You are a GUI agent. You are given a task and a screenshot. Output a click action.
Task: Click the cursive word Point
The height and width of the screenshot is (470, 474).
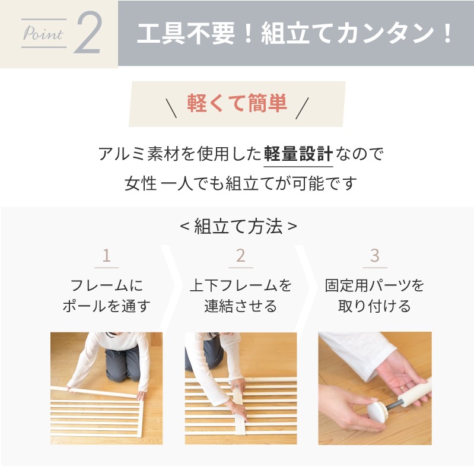point(43,33)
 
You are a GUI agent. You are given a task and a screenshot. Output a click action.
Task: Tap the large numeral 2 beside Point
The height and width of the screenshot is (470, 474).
point(88,33)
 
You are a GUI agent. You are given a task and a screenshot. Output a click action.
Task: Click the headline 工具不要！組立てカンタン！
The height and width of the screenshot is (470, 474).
point(295,33)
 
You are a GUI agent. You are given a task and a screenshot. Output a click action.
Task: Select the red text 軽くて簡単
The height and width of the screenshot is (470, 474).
point(237,103)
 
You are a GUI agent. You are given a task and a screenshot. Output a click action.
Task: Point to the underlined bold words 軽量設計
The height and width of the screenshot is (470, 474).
point(298,154)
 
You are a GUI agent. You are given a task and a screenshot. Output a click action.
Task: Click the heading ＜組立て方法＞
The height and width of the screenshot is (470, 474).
point(238,226)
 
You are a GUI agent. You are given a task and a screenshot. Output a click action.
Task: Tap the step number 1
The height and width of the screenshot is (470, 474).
point(106,256)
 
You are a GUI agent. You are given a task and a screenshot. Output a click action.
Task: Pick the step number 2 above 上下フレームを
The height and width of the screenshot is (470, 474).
point(241,256)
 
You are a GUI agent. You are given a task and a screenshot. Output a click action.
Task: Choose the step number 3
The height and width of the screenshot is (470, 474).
point(375,256)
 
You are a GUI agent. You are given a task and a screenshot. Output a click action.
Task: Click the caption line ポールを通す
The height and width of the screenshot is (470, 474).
point(106,306)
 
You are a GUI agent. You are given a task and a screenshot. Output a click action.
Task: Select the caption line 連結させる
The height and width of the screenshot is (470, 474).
point(241,306)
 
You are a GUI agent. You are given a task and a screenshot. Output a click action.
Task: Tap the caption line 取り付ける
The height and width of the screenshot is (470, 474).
point(374,306)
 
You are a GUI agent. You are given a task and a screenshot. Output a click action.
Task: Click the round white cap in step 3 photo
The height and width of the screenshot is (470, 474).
point(376,412)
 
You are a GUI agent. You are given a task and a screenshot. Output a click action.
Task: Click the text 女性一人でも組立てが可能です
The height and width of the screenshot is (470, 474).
point(241,183)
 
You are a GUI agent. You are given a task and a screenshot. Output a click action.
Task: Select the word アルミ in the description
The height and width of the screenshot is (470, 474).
point(122,154)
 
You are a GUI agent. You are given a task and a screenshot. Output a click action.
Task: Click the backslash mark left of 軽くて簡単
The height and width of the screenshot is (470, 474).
point(171,107)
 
